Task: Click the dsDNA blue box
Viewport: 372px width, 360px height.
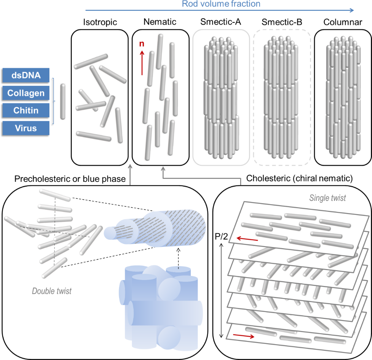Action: [x=26, y=76]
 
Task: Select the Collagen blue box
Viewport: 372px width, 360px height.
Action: [x=26, y=93]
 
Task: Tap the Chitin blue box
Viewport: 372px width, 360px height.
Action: [x=26, y=110]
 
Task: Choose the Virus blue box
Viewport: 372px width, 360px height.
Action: [x=26, y=128]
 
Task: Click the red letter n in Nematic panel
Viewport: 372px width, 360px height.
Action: [x=142, y=44]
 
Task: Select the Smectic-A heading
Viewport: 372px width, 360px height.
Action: [x=220, y=22]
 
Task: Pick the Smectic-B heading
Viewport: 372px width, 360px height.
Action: [x=282, y=22]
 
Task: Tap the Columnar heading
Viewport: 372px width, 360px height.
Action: [x=343, y=22]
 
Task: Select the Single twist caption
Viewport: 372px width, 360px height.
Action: [x=328, y=198]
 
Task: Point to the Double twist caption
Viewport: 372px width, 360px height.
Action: [x=52, y=291]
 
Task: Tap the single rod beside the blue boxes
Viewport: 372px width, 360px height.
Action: [x=63, y=102]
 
